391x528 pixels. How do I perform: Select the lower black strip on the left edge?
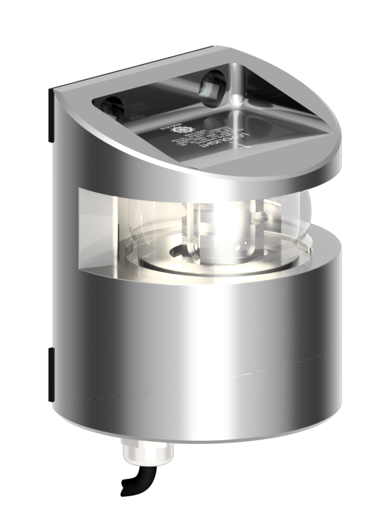click(51, 374)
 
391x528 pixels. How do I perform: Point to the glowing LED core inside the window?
click(227, 227)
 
